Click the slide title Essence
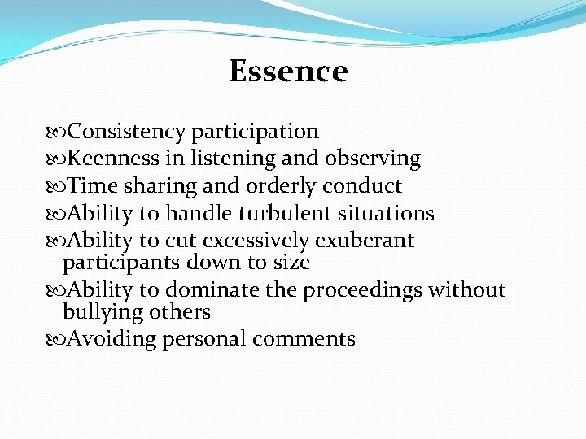tap(288, 72)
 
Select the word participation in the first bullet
tap(256, 131)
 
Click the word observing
tap(372, 159)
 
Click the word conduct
tap(362, 186)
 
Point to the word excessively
tap(256, 241)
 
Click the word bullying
tap(99, 312)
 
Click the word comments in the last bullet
tap(304, 339)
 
